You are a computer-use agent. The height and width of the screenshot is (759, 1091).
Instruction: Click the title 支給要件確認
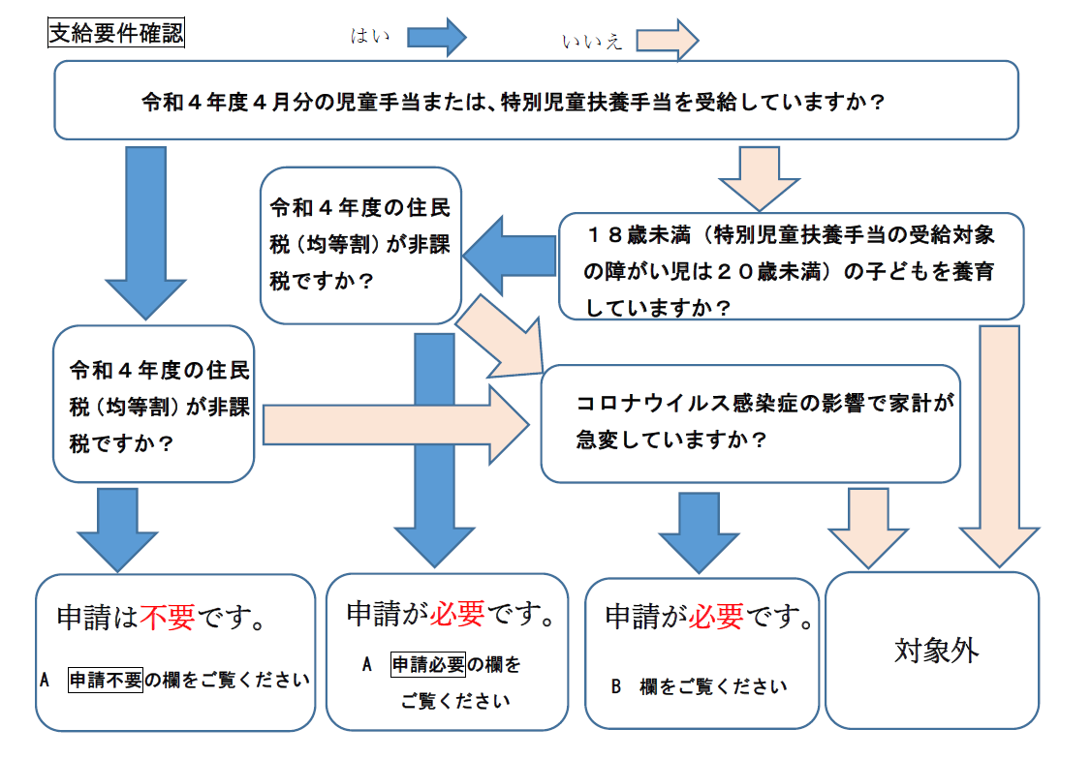click(x=116, y=33)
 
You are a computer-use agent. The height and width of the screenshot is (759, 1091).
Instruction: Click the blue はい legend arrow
click(x=436, y=38)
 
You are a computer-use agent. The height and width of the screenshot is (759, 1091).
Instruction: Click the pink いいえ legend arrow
click(x=667, y=41)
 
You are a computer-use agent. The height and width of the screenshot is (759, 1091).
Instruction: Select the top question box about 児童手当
click(x=536, y=101)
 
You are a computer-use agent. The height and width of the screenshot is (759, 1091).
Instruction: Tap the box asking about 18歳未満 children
click(x=791, y=266)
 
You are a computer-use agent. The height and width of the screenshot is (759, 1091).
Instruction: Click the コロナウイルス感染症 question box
click(x=751, y=423)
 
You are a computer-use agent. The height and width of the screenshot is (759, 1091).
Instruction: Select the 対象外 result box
click(x=932, y=651)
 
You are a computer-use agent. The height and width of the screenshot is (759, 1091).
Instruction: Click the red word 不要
click(x=167, y=617)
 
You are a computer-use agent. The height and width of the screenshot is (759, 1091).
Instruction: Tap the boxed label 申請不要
click(x=106, y=679)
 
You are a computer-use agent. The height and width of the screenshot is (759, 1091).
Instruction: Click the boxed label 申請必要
click(x=428, y=664)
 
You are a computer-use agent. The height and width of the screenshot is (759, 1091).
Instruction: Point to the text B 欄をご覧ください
click(x=699, y=686)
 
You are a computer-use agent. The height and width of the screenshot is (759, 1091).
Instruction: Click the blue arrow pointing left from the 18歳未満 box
click(x=510, y=256)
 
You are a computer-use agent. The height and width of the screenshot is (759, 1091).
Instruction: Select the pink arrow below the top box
click(x=759, y=178)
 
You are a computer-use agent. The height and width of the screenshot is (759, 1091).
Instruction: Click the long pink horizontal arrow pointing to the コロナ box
click(x=395, y=425)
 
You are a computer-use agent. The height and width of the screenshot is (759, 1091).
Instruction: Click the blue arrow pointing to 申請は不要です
click(x=117, y=530)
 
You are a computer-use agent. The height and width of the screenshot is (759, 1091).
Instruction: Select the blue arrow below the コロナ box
click(x=699, y=533)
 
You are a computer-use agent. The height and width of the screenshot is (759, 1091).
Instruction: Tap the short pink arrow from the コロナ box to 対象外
click(x=868, y=529)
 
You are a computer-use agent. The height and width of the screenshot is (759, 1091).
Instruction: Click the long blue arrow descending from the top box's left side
click(x=145, y=233)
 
